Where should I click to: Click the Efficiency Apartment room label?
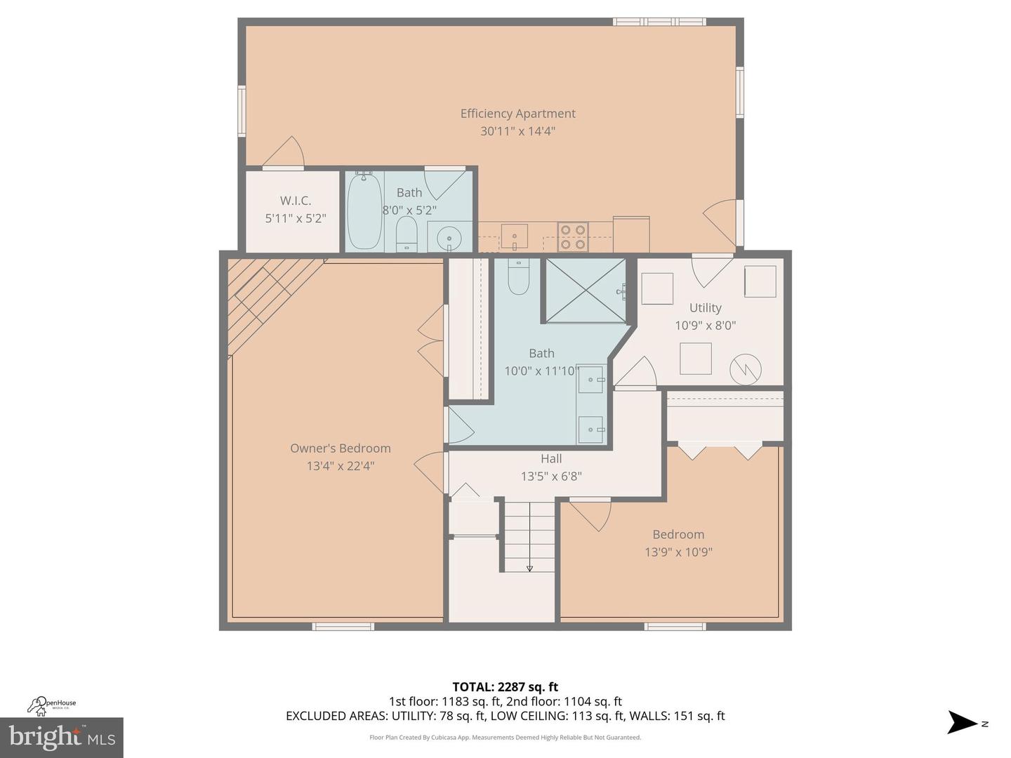pyautogui.click(x=517, y=114)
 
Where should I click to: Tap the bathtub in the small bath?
pyautogui.click(x=364, y=211)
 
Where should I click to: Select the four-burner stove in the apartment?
pyautogui.click(x=572, y=237)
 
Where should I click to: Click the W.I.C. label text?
pyautogui.click(x=296, y=201)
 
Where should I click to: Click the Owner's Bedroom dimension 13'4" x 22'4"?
pyautogui.click(x=341, y=465)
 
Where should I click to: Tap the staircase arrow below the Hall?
pyautogui.click(x=529, y=567)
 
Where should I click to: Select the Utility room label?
pyautogui.click(x=705, y=307)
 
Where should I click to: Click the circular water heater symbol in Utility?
pyautogui.click(x=745, y=369)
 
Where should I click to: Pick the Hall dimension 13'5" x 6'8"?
pyautogui.click(x=551, y=476)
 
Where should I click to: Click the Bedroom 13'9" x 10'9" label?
pyautogui.click(x=678, y=543)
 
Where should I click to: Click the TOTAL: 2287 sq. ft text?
pyautogui.click(x=505, y=686)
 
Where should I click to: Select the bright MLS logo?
pyautogui.click(x=61, y=738)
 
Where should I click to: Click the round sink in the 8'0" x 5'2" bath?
pyautogui.click(x=449, y=240)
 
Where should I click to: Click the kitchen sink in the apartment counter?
pyautogui.click(x=515, y=237)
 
